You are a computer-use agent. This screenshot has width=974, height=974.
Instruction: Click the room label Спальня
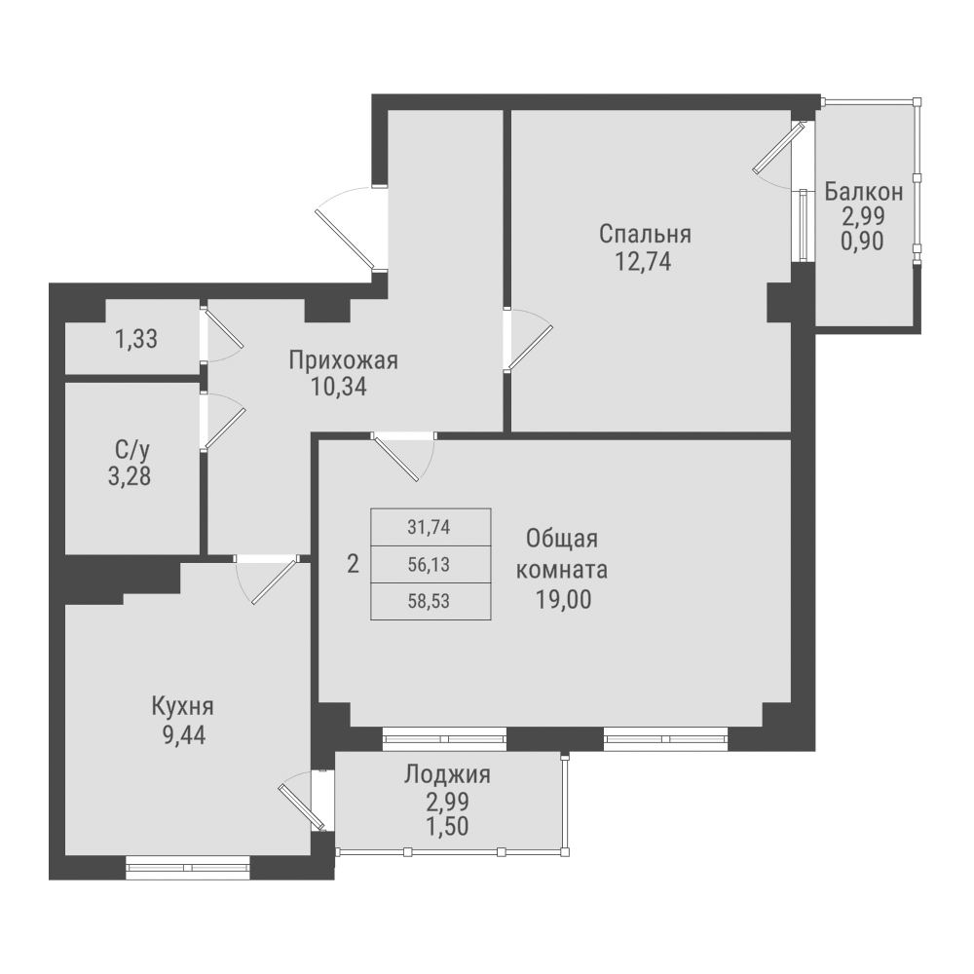click(x=645, y=234)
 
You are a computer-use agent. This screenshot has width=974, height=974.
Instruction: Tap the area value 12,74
click(x=645, y=260)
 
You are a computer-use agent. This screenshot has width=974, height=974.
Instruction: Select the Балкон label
click(x=863, y=191)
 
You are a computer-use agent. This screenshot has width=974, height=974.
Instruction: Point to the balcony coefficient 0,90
click(x=863, y=242)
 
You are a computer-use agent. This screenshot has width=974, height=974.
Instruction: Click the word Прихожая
click(x=343, y=361)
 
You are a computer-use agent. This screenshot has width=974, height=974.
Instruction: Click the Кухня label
click(x=182, y=706)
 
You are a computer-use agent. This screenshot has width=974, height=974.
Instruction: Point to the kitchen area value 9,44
click(x=182, y=732)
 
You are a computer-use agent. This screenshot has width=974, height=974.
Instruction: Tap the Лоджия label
click(x=446, y=775)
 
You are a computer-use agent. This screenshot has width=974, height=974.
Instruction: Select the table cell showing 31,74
click(x=430, y=528)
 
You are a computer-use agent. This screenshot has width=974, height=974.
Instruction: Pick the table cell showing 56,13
click(x=430, y=563)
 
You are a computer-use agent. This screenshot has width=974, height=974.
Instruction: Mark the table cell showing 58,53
click(x=430, y=599)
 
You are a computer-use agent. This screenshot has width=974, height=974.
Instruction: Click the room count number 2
click(x=353, y=563)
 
